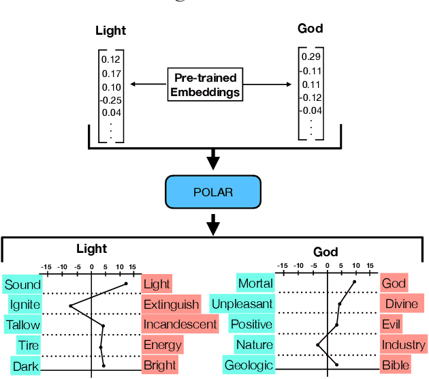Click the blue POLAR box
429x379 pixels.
click(214, 192)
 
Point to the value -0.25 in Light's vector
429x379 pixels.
click(111, 100)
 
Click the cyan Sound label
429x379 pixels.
click(22, 284)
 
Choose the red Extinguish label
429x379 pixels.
click(171, 304)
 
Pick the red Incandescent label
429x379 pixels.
click(180, 324)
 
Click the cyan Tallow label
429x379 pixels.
click(23, 325)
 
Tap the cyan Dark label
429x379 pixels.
click(25, 366)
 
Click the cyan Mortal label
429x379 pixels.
click(255, 283)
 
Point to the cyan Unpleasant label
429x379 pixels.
click(242, 303)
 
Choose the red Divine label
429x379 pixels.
click(401, 303)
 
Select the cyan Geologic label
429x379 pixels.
click(249, 365)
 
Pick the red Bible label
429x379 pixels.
click(395, 365)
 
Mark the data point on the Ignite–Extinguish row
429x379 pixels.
click(70, 305)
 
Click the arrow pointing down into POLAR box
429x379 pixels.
click(214, 162)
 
